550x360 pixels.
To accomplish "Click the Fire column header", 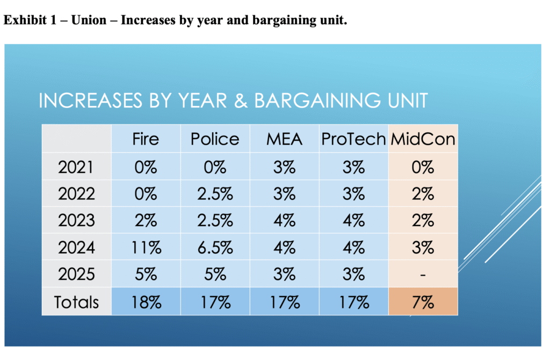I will (146, 139).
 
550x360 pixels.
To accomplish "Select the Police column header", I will (215, 139).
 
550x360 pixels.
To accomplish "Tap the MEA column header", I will (284, 139).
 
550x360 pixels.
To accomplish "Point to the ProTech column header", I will (353, 139).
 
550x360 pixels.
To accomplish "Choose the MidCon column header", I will (423, 139).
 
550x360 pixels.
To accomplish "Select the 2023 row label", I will (76, 220).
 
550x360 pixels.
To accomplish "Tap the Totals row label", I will (76, 302).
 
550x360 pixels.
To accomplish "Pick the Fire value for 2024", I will (146, 247).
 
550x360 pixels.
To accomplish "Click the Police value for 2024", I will (215, 247).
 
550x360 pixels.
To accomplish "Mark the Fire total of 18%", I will (146, 302).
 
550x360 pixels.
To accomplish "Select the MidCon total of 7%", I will (423, 302).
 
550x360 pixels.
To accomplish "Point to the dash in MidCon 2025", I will (423, 275).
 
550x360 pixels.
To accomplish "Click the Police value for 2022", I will (215, 193).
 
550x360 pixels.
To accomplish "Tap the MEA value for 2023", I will (284, 220).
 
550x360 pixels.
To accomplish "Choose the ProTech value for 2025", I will (353, 275).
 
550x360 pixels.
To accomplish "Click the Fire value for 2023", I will (146, 220).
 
